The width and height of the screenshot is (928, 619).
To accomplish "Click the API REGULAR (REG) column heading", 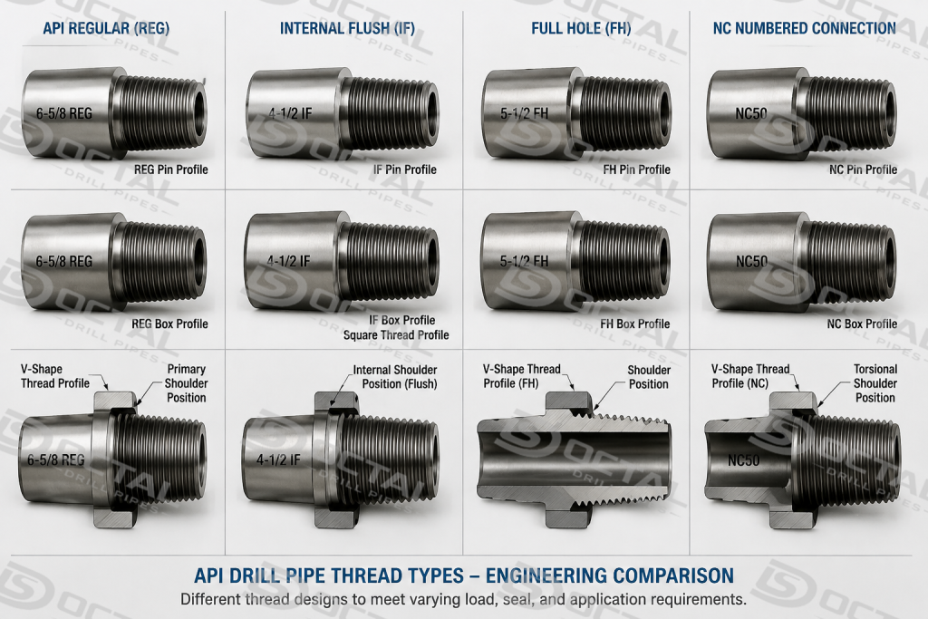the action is [x=107, y=28].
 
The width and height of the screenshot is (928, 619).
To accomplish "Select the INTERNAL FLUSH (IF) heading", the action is [x=347, y=28].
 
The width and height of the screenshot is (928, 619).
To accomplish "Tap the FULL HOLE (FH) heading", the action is [x=581, y=28].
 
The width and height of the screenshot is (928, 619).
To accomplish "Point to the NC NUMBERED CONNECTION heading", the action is [x=805, y=28].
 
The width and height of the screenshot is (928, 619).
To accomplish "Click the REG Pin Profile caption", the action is [x=171, y=169].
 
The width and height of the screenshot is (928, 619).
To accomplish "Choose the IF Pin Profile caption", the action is [x=405, y=169].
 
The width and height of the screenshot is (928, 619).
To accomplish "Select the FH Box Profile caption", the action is [x=635, y=324].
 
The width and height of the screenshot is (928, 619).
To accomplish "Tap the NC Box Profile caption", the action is [x=862, y=324].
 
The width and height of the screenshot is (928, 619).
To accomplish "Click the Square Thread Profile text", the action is [x=396, y=335].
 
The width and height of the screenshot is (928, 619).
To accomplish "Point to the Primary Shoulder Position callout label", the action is [x=186, y=383].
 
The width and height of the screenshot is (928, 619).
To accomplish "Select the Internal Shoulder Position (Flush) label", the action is [x=395, y=377].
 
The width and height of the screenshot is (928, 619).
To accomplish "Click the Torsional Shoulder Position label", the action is [x=875, y=383].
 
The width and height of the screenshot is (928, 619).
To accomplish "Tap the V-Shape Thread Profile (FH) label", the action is [x=521, y=376].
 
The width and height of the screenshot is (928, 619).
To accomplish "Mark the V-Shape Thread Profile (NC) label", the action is [x=750, y=376].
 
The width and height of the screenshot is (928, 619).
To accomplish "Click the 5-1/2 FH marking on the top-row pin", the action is [x=525, y=113].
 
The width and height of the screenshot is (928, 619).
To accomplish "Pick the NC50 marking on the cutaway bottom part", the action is [x=744, y=459].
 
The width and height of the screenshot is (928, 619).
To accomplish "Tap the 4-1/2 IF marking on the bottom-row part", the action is [x=278, y=459].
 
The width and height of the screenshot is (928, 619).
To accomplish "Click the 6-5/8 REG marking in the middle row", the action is [x=64, y=261].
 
